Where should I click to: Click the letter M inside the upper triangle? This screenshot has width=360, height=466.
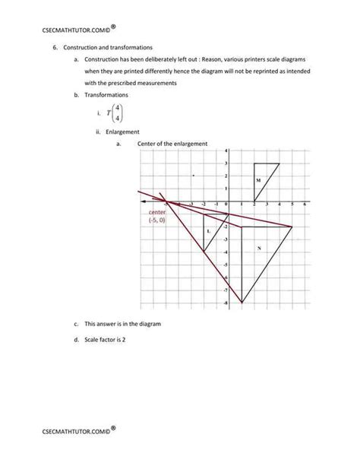[x=259, y=180]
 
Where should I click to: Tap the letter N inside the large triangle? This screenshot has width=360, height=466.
[x=259, y=248]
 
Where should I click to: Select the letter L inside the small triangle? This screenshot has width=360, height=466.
[x=209, y=230]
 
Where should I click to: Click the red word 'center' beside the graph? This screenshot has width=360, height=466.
[x=156, y=212]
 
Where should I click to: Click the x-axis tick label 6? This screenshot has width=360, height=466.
[x=305, y=205]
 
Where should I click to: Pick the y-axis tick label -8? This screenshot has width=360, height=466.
[x=226, y=303]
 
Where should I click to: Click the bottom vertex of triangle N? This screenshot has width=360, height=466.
[x=242, y=303]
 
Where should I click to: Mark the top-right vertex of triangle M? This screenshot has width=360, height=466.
[x=279, y=163]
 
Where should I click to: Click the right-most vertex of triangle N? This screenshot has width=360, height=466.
[x=292, y=227]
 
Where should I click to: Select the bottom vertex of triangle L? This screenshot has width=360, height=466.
[x=204, y=251]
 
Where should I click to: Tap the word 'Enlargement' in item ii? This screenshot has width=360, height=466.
[x=122, y=132]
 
